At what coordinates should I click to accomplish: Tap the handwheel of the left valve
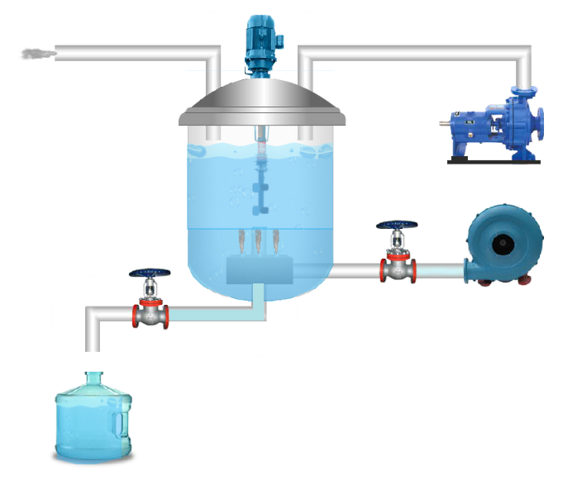pos(150,274)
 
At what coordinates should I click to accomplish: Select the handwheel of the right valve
pos(398,225)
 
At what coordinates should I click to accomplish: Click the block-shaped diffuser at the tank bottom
pos(260,268)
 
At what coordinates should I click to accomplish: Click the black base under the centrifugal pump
pos(494,160)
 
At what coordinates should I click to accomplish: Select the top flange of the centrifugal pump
pos(524,88)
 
